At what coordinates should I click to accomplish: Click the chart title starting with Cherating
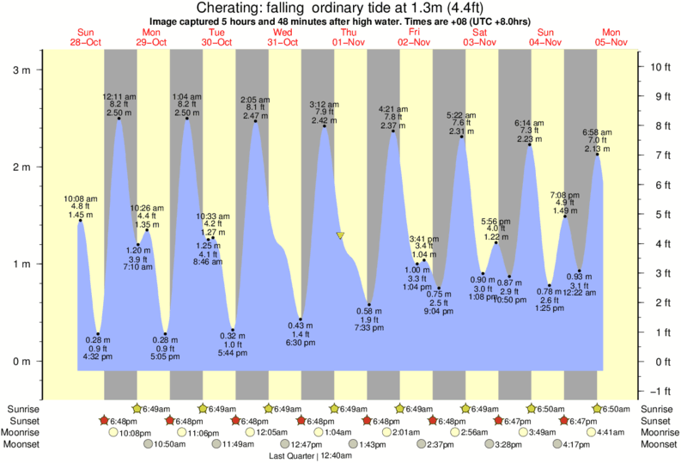(x=340, y=8)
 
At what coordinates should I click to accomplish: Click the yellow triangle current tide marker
(x=341, y=235)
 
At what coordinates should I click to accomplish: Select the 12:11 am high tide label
(x=118, y=97)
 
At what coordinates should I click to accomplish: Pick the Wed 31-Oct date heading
(x=283, y=37)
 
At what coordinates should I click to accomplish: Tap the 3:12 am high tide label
(x=324, y=105)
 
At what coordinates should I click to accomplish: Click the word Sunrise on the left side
(x=22, y=409)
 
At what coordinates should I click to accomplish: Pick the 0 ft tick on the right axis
(x=656, y=362)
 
